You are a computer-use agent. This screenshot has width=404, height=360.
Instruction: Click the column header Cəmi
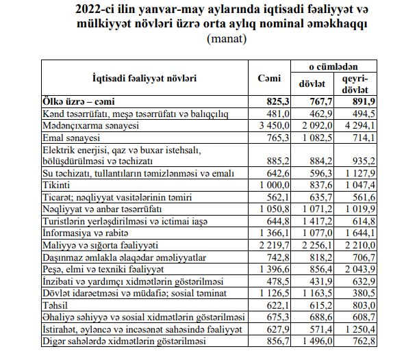coord(269,78)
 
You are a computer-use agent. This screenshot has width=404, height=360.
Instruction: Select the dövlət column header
coord(312,84)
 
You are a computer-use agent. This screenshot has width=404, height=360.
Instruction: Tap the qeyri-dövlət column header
coord(355,84)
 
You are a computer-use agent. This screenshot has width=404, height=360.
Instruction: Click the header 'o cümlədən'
coord(333,66)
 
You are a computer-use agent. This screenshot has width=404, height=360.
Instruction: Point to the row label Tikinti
coord(56,185)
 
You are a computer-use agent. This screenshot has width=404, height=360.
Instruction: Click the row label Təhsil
coord(55,305)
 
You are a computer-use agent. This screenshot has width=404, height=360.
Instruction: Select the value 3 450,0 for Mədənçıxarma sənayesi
coord(275,125)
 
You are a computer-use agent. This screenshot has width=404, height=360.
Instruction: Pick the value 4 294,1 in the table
coord(360,125)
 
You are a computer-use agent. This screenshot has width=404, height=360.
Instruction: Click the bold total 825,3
coord(278,101)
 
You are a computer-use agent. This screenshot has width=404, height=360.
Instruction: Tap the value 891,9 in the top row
coord(364,101)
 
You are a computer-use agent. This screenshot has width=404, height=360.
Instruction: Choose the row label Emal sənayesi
coord(71,138)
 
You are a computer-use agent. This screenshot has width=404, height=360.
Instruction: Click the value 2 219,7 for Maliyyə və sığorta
coord(275,245)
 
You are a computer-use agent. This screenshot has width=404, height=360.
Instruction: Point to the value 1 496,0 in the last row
coord(318,341)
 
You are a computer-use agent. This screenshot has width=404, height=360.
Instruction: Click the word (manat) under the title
coord(227,39)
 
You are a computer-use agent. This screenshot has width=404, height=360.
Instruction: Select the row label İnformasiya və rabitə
coord(86,233)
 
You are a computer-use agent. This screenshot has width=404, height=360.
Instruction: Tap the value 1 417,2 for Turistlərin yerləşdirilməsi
coord(318,221)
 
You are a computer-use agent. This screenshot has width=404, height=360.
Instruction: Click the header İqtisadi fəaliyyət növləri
coord(144,78)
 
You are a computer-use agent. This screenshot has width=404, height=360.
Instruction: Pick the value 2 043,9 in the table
coord(360,269)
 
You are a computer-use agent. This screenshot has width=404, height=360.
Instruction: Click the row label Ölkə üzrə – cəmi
coord(79,101)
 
